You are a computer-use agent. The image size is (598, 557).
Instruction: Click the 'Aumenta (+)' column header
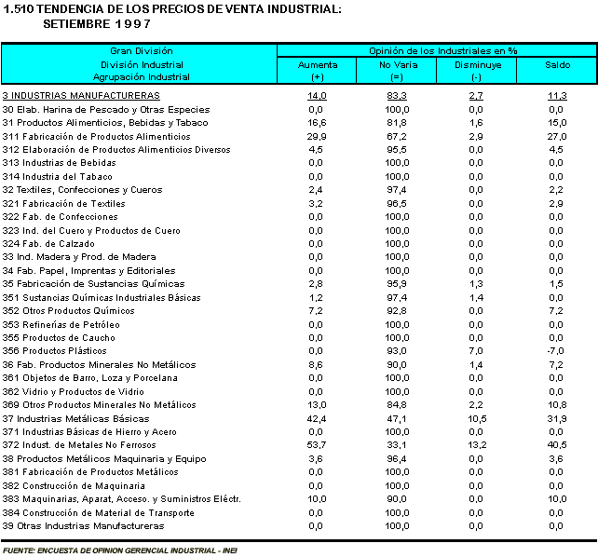317,71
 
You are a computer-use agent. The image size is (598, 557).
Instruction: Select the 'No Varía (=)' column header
398,71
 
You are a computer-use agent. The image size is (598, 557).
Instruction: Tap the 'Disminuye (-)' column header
477,71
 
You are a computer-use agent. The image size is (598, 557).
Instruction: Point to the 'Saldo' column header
557,65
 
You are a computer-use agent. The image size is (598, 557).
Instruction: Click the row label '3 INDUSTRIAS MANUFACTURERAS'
81,96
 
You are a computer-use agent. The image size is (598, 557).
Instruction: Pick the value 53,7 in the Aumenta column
317,445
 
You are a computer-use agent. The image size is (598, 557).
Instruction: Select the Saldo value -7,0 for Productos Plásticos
557,351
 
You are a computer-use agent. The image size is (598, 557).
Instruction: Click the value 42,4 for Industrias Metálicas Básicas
317,418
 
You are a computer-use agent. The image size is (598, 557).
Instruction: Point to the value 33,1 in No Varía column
398,445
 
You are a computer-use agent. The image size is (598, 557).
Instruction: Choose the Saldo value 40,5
557,445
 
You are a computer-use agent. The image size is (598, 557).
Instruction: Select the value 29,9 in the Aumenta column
317,136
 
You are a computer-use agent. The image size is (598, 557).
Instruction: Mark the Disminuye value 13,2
477,445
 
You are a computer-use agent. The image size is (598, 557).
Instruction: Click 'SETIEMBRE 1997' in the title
90,23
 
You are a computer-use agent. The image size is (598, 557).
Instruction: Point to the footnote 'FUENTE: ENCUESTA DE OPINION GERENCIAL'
120,550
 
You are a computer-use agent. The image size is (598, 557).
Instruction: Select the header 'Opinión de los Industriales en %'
438,50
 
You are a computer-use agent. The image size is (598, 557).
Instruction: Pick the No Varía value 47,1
398,418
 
